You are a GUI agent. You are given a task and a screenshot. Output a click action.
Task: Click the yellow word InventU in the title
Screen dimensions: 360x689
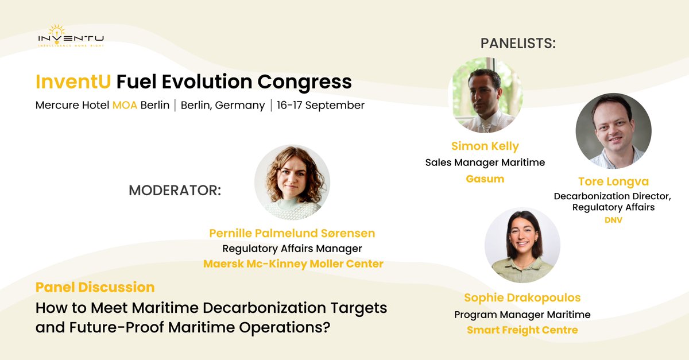click(73, 82)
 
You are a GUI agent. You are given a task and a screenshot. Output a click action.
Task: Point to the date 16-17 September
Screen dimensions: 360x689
click(320, 106)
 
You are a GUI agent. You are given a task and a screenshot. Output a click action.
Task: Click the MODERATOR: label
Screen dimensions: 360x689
click(175, 191)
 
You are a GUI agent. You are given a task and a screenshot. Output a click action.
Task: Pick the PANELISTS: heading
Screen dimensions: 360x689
click(518, 44)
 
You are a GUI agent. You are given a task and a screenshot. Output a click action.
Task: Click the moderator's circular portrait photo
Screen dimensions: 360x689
click(292, 182)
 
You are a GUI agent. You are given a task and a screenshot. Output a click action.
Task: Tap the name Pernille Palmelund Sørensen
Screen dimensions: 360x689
click(292, 233)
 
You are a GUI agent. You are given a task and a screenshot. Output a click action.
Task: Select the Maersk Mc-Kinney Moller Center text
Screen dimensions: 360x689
click(293, 264)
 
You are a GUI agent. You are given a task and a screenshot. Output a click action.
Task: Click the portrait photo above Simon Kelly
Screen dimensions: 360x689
click(485, 95)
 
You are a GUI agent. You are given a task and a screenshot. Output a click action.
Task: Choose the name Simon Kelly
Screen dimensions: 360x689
click(485, 146)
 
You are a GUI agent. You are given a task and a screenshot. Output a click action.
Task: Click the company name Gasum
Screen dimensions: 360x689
click(485, 179)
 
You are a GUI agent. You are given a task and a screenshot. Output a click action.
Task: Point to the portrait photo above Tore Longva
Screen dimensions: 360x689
click(613, 131)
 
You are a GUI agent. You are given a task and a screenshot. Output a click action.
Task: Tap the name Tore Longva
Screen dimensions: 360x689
click(613, 181)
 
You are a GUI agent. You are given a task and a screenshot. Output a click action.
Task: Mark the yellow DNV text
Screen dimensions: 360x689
click(613, 220)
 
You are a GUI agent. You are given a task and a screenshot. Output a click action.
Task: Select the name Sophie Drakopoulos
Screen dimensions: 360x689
click(522, 297)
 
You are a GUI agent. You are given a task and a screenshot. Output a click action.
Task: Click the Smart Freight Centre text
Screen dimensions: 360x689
click(522, 330)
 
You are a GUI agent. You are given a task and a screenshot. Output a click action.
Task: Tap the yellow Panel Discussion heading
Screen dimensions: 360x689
click(95, 287)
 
